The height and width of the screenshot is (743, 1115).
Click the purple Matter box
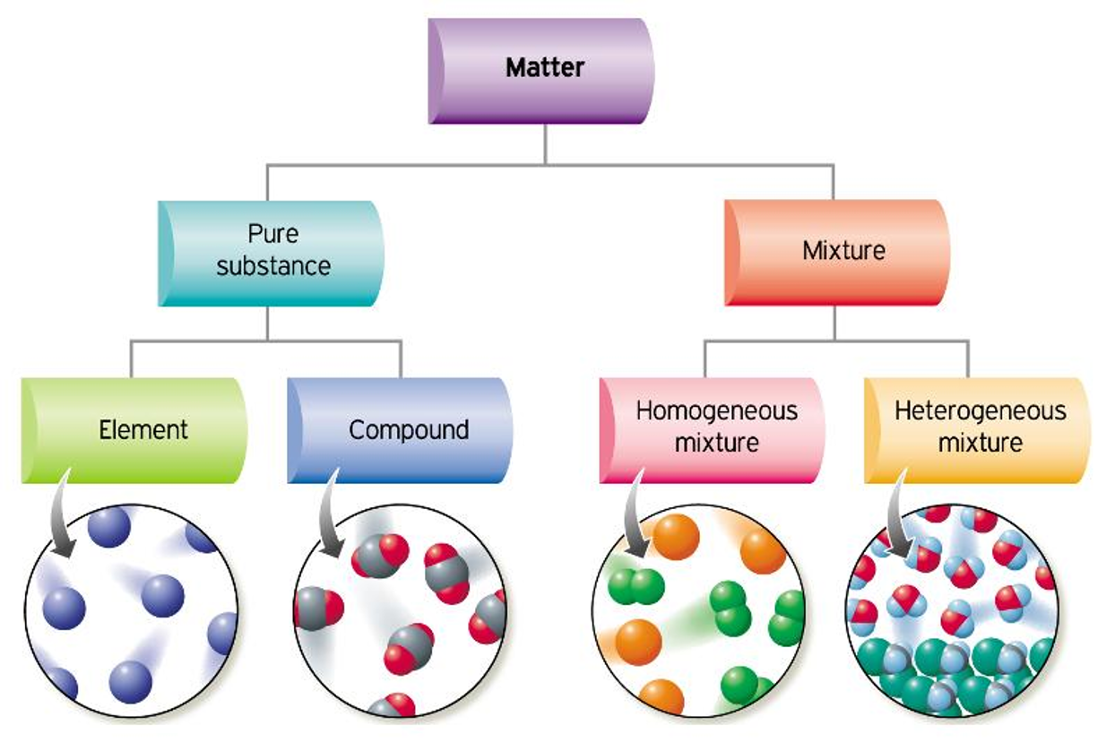[541, 70]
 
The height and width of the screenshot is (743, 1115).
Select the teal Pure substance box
[272, 254]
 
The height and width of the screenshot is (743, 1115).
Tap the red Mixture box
[837, 252]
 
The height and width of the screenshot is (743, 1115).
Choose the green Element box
[134, 431]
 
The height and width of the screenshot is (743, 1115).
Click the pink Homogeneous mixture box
[713, 429]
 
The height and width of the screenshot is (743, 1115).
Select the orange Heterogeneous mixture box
[978, 429]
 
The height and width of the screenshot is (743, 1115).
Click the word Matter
[545, 67]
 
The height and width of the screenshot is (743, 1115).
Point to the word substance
[273, 266]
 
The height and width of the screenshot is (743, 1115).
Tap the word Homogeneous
[716, 411]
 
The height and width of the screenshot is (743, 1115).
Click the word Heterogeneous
[981, 411]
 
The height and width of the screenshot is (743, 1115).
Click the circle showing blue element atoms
[132, 610]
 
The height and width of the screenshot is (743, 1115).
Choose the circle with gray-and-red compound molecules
[400, 610]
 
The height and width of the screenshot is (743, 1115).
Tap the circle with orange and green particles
[699, 610]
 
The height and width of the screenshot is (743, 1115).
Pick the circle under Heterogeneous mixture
[953, 610]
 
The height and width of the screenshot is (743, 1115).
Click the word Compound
[409, 430]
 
